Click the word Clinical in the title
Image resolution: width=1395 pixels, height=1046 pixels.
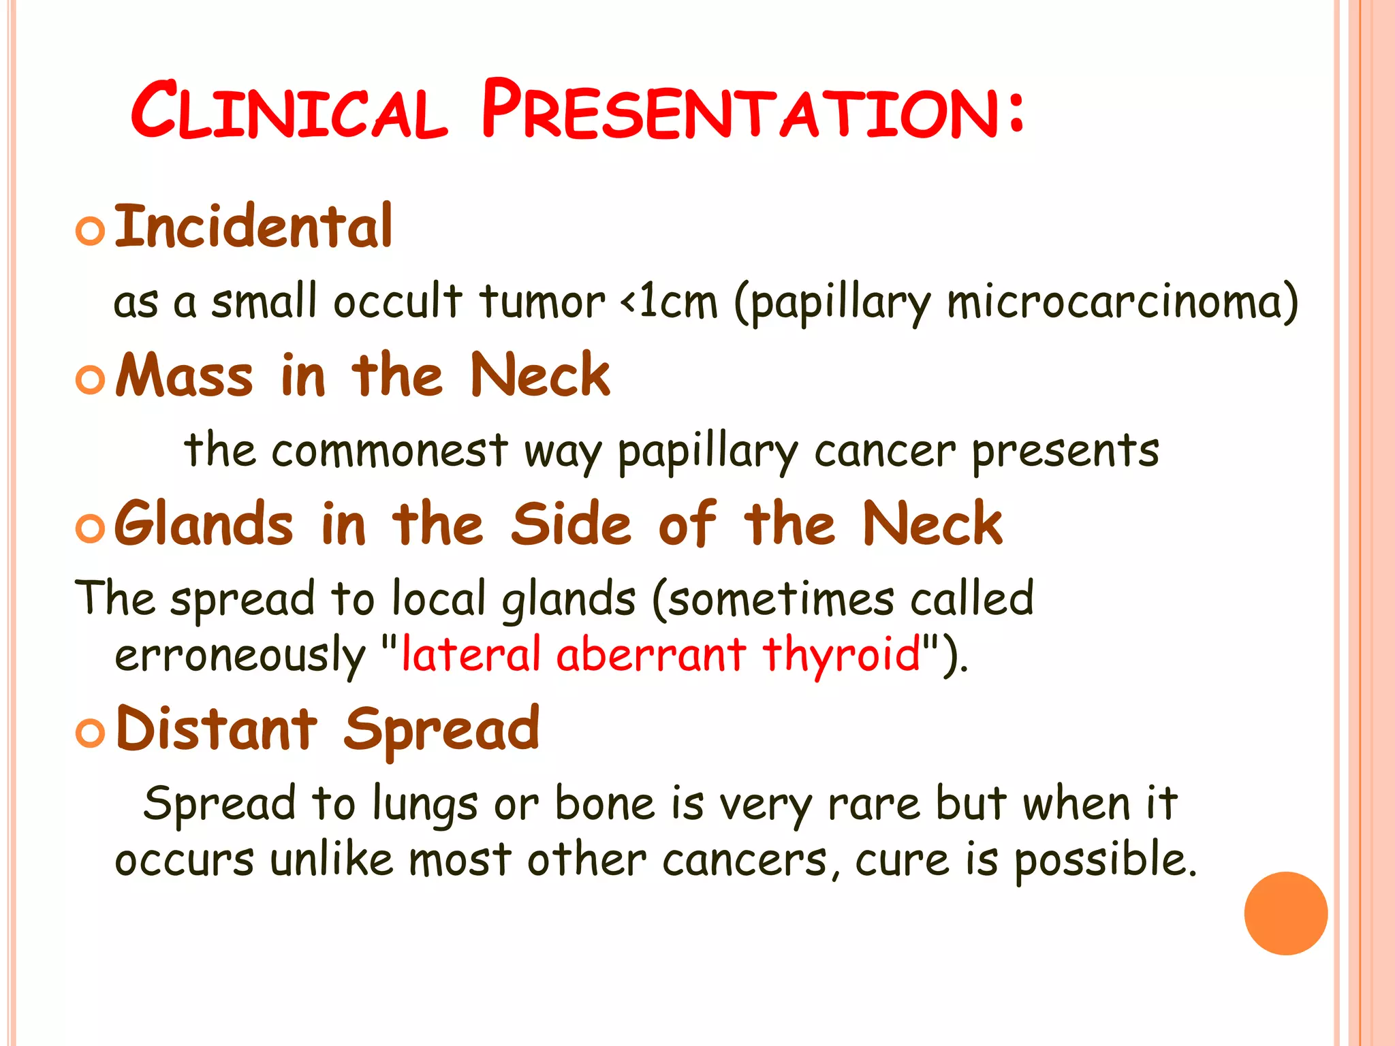point(289,111)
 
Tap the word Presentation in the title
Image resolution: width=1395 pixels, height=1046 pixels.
point(753,111)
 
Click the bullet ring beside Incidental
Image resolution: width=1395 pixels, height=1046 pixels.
point(91,231)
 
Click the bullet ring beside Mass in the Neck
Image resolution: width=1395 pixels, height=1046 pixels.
point(91,379)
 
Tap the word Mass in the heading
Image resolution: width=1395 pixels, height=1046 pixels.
point(185,375)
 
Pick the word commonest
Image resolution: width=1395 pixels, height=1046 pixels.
point(390,451)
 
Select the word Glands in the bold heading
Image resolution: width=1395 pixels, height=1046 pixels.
point(204,524)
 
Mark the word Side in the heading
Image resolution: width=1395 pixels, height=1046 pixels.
point(571,524)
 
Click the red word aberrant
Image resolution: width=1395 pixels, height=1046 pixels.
point(651,654)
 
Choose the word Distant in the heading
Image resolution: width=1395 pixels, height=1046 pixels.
point(217,729)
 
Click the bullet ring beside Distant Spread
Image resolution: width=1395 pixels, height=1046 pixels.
point(91,733)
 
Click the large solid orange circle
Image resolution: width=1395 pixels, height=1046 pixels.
point(1285,913)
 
